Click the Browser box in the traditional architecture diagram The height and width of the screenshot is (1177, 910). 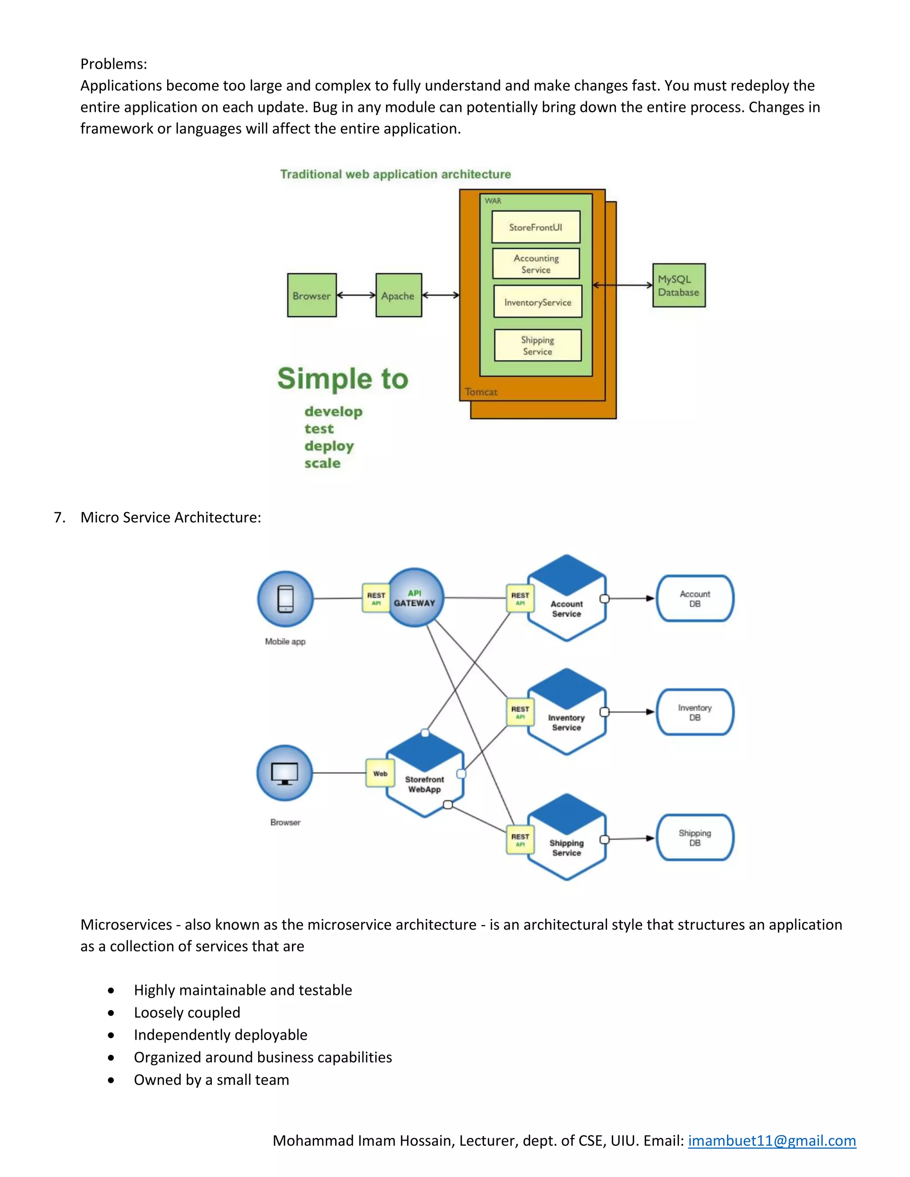(x=311, y=295)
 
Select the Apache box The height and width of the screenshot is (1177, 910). (x=399, y=295)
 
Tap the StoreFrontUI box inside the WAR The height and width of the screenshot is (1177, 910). (x=536, y=227)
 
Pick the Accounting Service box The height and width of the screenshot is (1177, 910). (x=536, y=263)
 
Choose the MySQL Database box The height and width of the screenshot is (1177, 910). (x=679, y=286)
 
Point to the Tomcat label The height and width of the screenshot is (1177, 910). (x=481, y=392)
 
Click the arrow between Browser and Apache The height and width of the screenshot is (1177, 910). (x=356, y=295)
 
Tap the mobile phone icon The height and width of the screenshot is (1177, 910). (x=285, y=599)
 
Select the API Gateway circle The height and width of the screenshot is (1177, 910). (x=415, y=598)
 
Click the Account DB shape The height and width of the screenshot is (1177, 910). (x=695, y=599)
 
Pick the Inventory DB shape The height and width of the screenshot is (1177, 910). (x=695, y=712)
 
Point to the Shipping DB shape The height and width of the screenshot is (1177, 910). (x=695, y=838)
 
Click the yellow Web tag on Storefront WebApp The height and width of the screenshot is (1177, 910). (x=380, y=773)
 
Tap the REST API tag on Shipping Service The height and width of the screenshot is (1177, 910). (x=520, y=839)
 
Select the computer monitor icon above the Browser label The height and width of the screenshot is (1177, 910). (x=285, y=773)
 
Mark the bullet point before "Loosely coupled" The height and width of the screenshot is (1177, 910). (x=111, y=1013)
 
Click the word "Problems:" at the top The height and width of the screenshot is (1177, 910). (x=114, y=64)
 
